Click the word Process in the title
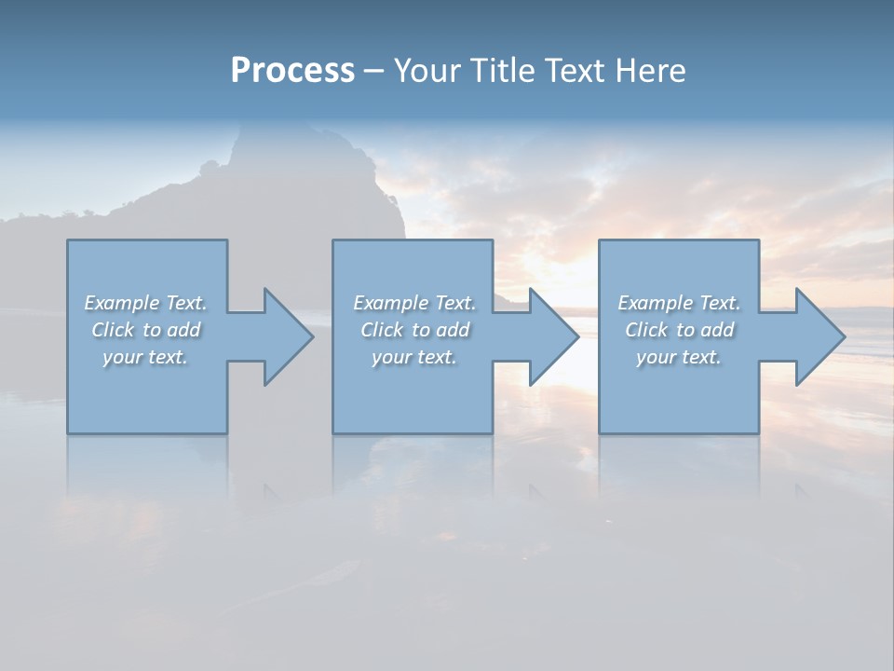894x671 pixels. coord(292,71)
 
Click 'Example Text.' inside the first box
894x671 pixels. coord(145,303)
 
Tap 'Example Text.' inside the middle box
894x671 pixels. coord(413,303)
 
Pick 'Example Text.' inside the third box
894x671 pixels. coord(679,303)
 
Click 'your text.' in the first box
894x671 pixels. coord(145,357)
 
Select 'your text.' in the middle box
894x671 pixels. coord(413,357)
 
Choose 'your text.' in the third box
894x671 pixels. coord(679,357)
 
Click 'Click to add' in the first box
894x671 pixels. coord(145,330)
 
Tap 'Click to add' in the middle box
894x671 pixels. coord(413,330)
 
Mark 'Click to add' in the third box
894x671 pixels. coord(679,330)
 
